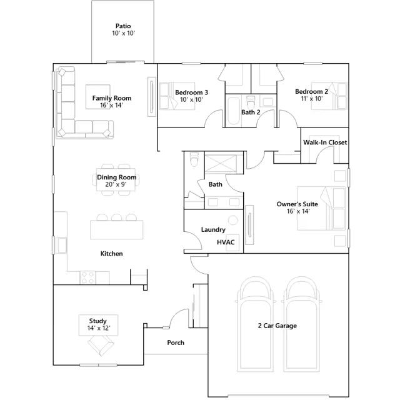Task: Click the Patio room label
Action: pos(123,26)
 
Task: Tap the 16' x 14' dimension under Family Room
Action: pos(112,105)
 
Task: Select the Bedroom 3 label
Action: pos(192,92)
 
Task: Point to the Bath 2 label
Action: pos(251,112)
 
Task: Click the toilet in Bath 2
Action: pos(251,101)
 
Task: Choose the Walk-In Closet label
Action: pos(325,142)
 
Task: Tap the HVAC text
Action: pos(226,242)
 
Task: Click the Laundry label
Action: pos(213,229)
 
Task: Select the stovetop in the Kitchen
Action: pos(87,277)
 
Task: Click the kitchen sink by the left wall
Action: pos(61,245)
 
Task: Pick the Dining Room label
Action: pos(117,177)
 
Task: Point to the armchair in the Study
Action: pos(101,345)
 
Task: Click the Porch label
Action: pos(176,342)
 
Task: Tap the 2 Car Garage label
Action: pos(277,326)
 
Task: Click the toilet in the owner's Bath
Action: pos(194,159)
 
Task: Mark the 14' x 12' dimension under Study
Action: pos(99,328)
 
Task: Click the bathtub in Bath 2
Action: pos(233,111)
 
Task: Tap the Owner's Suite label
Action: pos(297,204)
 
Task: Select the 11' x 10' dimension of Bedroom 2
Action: pos(311,99)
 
